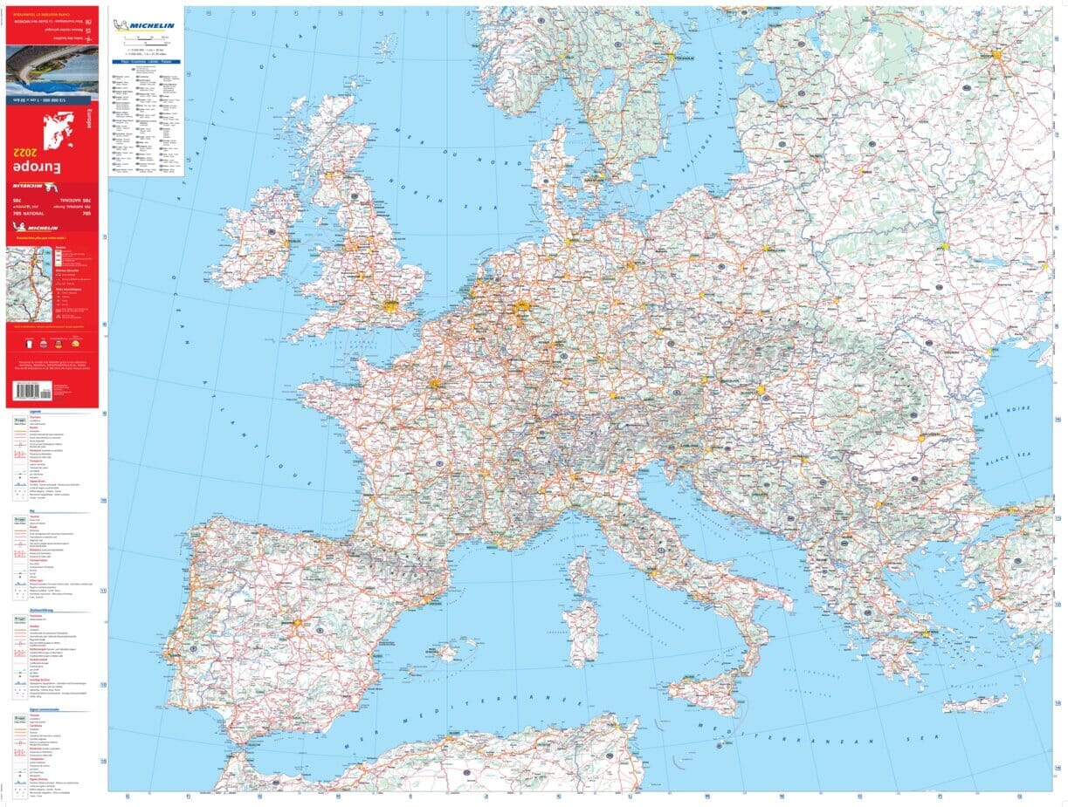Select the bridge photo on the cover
click(x=52, y=70)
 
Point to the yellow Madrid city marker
click(x=297, y=624)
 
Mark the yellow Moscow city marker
click(x=997, y=54)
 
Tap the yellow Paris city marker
click(x=434, y=382)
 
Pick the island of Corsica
click(x=579, y=572)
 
